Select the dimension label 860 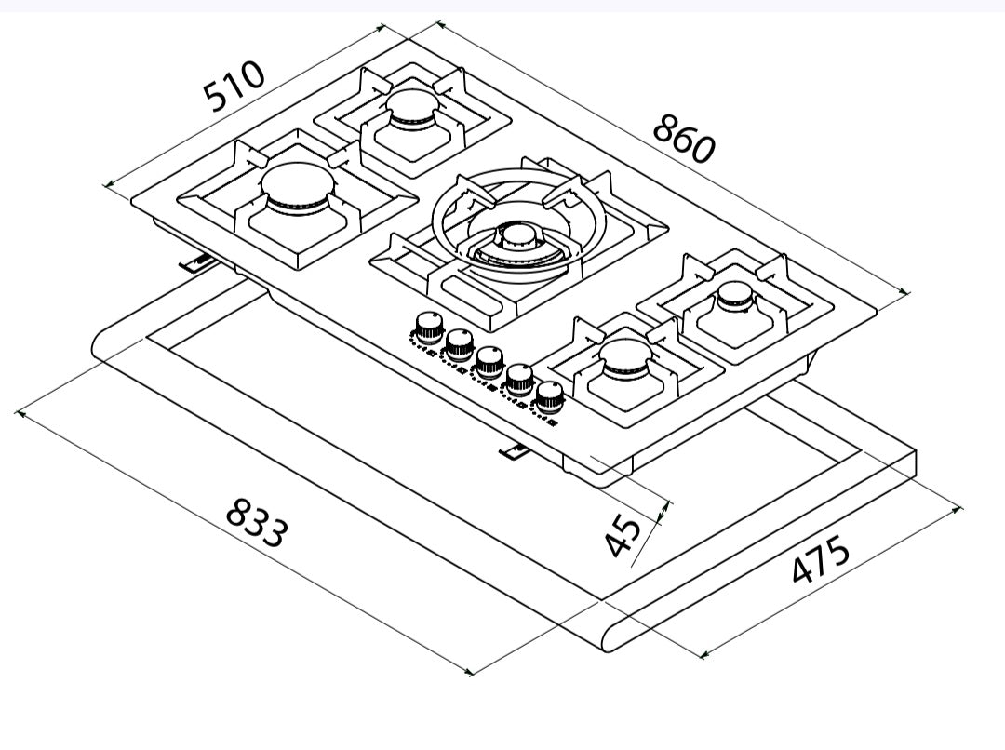pyautogui.click(x=683, y=139)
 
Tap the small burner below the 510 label pyautogui.click(x=413, y=109)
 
